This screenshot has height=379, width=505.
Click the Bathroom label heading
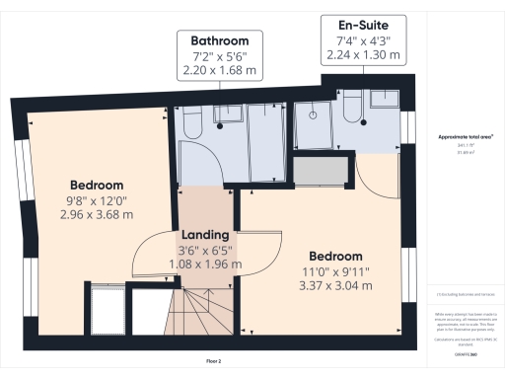(x=220, y=40)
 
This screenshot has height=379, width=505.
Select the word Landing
(x=205, y=235)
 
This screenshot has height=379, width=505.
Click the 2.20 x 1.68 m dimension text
(x=220, y=71)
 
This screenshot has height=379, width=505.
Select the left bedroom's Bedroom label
(x=97, y=185)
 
